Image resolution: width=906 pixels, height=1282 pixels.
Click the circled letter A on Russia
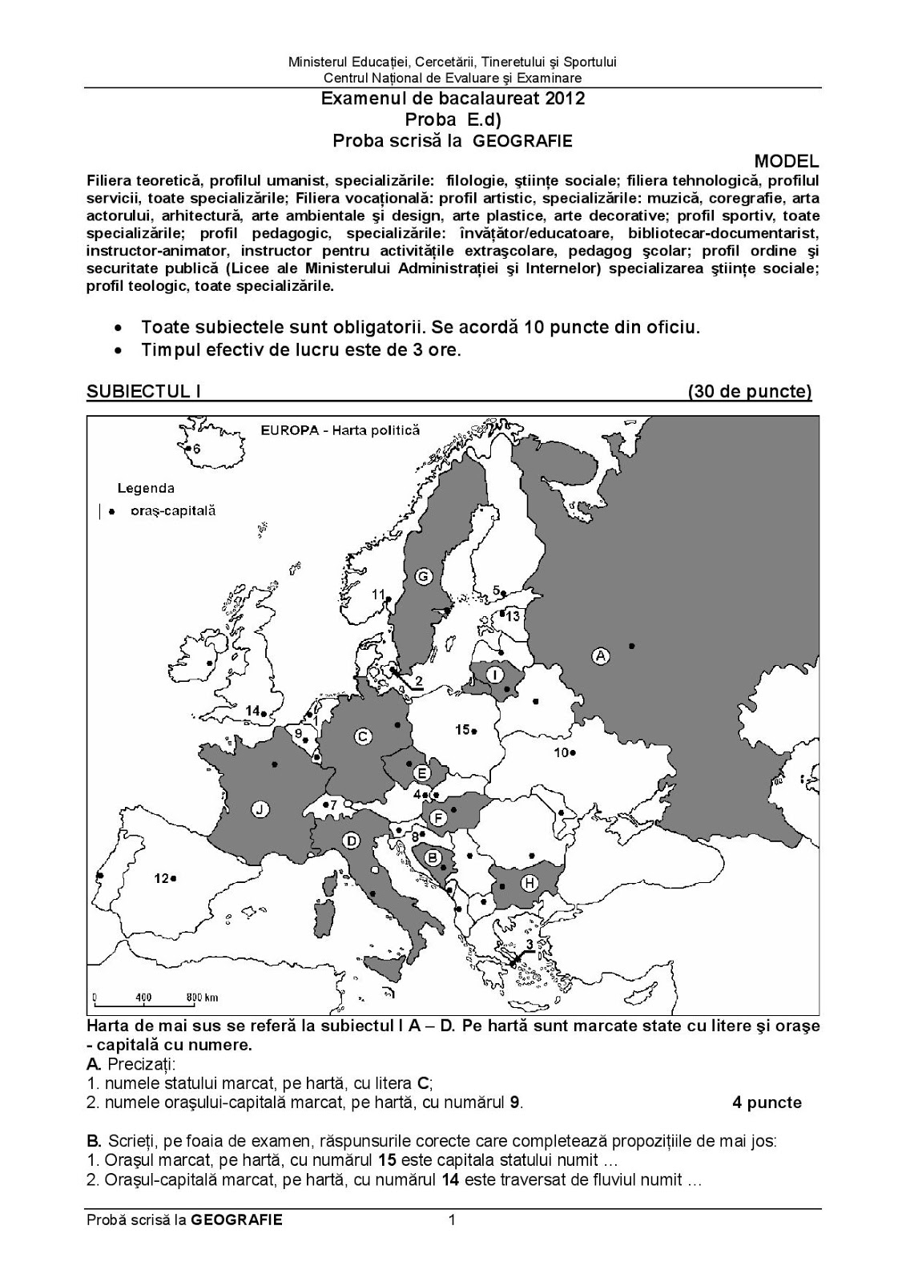point(600,656)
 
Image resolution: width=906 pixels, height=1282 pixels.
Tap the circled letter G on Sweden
point(424,576)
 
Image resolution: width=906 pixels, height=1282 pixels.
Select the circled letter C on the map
point(363,737)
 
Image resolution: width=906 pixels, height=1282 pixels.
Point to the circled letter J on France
point(259,809)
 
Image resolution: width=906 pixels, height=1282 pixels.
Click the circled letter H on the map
point(529,883)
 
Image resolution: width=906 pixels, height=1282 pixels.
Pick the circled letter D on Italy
point(350,841)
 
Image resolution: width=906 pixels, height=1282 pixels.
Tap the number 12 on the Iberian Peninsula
point(162,878)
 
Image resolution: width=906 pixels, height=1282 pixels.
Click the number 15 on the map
point(462,729)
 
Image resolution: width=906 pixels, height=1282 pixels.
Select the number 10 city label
point(562,752)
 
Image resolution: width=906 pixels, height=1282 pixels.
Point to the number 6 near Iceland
point(196,450)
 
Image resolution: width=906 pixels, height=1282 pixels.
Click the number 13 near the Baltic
point(513,615)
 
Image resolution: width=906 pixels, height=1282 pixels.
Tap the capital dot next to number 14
point(264,713)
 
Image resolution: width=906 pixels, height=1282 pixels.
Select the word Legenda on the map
point(146,487)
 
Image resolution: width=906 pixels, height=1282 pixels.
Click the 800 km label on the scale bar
point(202,998)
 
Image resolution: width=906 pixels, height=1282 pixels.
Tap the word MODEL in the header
point(787,162)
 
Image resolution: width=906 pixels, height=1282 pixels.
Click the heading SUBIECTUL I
point(143,391)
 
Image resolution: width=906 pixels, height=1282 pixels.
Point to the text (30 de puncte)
point(749,391)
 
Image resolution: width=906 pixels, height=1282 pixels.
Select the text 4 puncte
point(767,1103)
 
